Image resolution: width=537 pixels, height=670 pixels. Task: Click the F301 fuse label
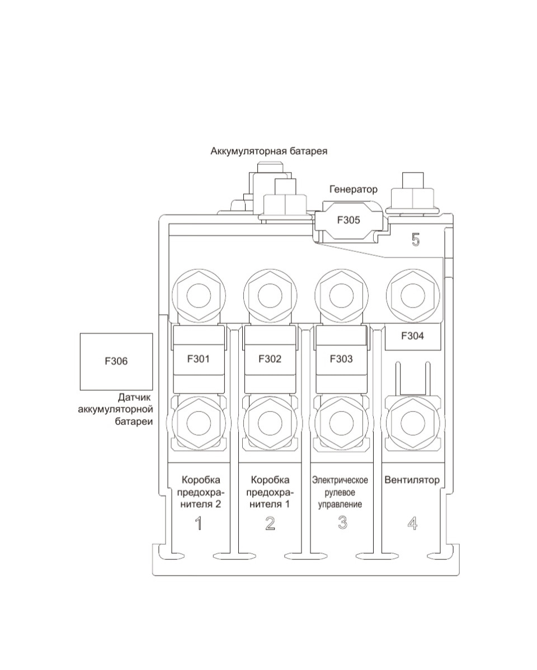tap(199, 358)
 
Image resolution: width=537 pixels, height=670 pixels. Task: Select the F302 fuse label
tap(270, 358)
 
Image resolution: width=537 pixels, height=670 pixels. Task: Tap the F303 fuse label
tap(341, 358)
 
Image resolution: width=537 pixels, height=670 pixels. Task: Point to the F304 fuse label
tap(412, 336)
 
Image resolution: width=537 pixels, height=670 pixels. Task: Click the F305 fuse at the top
tap(348, 221)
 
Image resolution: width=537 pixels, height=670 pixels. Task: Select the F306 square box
tap(116, 362)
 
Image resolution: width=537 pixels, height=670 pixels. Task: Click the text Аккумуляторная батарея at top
tap(269, 151)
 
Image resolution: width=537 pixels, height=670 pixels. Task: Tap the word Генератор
tap(354, 189)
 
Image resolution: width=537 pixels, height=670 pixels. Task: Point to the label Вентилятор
tap(412, 480)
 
